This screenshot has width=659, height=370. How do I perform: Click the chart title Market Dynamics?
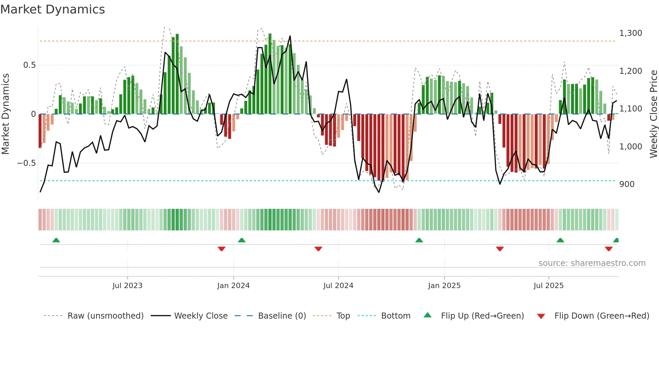pos(52,9)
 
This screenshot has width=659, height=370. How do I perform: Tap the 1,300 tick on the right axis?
pos(630,33)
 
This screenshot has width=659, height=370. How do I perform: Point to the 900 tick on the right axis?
pos(627,184)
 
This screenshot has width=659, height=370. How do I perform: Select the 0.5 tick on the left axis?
pos(29,65)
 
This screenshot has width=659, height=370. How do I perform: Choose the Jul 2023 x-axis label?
pos(127,286)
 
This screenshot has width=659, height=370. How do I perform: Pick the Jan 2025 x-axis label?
pos(444,286)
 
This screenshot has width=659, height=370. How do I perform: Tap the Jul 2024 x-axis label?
pos(338,286)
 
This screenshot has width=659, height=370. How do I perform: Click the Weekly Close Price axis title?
pos(653,114)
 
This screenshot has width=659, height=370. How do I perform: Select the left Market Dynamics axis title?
pos(5,114)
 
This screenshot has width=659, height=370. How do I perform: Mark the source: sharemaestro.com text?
pos(592,263)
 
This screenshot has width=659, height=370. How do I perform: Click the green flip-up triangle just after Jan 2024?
pos(241,240)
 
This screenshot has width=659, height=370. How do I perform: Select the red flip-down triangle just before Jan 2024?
pos(221,249)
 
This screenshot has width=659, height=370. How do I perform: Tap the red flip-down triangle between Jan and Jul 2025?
pos(500,249)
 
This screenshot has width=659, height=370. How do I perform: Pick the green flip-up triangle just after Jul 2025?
pos(560,240)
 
